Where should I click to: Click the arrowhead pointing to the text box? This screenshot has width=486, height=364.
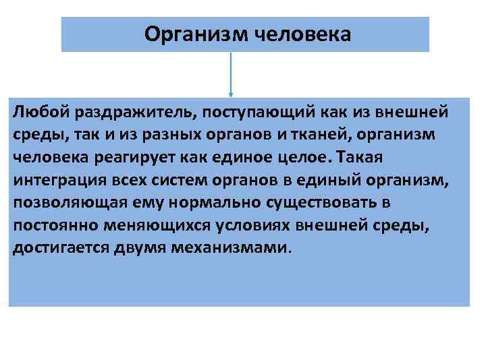click(232, 94)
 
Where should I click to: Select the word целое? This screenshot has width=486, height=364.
click(304, 156)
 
